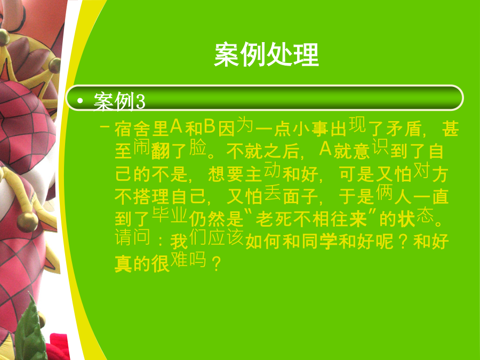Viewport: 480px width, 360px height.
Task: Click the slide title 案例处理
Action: click(x=266, y=55)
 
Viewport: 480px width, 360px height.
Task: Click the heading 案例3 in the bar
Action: click(x=119, y=101)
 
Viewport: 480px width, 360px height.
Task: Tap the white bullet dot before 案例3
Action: click(x=80, y=100)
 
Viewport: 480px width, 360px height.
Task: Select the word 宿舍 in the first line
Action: click(x=133, y=129)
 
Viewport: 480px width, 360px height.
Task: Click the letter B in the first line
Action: click(x=210, y=126)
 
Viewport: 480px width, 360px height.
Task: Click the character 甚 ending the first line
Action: click(x=450, y=129)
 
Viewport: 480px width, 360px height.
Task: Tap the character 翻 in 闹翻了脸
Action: click(x=161, y=151)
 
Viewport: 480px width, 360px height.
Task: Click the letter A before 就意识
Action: click(x=326, y=149)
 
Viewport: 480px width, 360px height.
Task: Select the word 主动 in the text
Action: click(x=263, y=172)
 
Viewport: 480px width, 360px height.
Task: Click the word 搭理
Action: click(x=151, y=196)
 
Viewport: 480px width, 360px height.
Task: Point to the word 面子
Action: click(x=301, y=196)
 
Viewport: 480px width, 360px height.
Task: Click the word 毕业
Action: click(x=170, y=215)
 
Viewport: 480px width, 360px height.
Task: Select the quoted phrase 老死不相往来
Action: click(x=311, y=219)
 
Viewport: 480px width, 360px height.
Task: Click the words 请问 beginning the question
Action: click(x=133, y=237)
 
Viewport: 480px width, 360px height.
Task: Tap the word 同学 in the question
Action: click(x=320, y=242)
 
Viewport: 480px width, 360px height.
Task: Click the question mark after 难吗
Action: click(x=216, y=263)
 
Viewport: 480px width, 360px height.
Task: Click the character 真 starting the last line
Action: click(x=123, y=264)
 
